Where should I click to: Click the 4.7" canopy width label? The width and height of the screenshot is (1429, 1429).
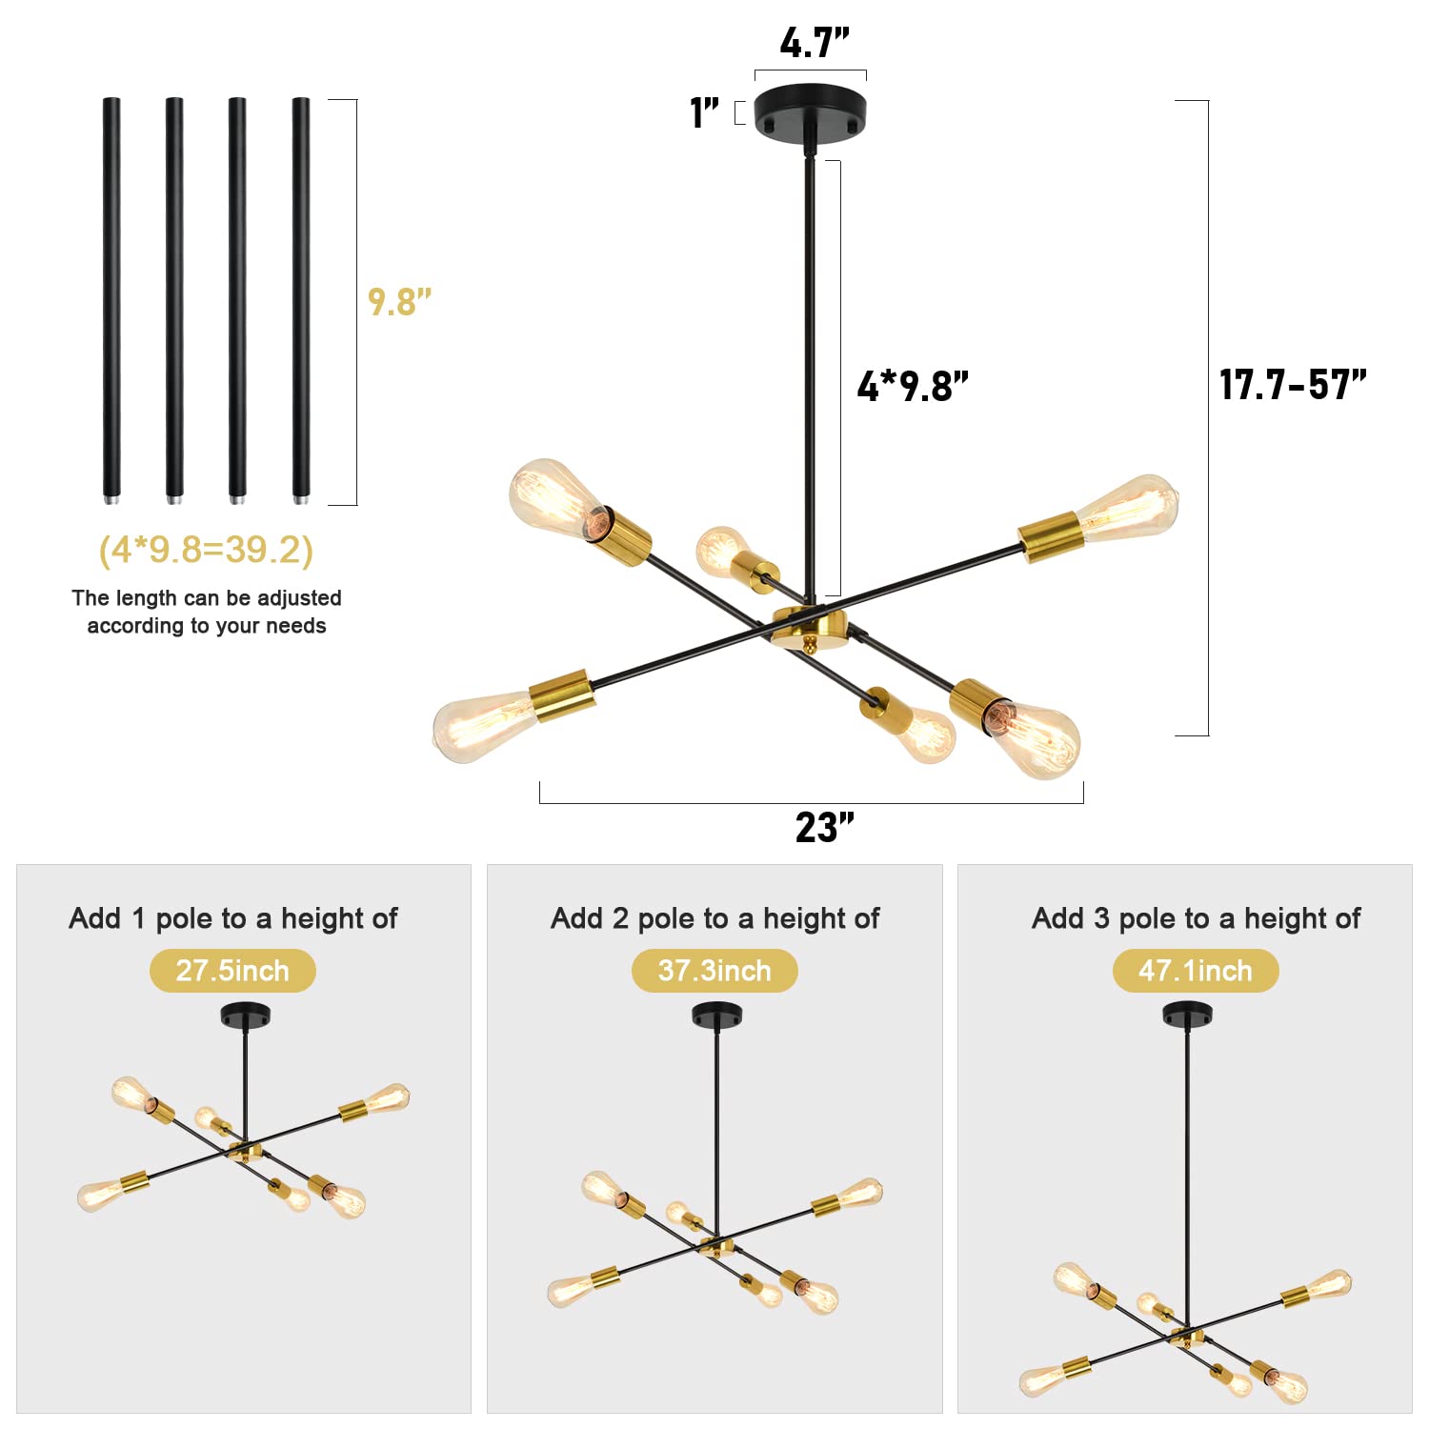814,43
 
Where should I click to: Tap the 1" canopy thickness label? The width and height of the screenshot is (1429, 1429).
704,112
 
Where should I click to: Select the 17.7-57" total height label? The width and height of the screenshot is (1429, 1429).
1293,385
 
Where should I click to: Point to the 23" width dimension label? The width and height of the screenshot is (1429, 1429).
825,828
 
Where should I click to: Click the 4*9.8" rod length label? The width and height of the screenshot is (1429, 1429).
913,386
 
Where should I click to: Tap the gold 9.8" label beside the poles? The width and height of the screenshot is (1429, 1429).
399,302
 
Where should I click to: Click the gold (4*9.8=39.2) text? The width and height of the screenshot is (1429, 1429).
206,550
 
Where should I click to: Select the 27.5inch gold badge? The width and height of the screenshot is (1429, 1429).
232,971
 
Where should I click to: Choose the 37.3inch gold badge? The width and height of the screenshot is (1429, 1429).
714,971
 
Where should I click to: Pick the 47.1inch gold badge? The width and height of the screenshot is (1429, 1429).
1196,971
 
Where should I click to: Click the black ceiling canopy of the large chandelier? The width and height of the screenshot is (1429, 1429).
810,113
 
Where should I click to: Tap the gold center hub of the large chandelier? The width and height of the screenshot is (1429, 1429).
810,628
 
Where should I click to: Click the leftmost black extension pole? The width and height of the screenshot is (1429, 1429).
111,300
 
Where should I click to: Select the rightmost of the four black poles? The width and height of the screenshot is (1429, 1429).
301,300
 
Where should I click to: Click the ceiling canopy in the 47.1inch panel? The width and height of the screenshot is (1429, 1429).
1187,1014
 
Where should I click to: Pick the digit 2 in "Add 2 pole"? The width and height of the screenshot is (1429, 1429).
621,918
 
